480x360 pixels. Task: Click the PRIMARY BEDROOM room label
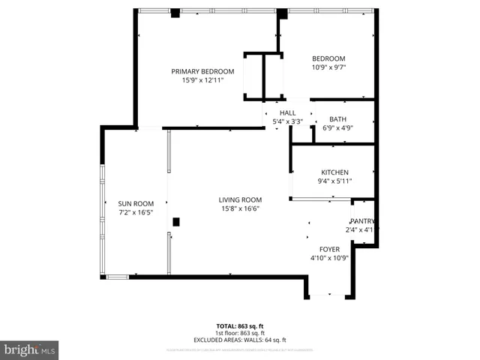tap(202, 71)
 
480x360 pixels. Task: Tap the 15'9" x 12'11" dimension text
tap(202, 81)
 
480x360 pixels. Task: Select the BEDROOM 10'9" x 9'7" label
tap(328, 64)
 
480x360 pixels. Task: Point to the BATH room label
tap(337, 118)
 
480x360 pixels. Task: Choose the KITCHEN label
tap(334, 172)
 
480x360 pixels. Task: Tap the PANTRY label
tap(361, 220)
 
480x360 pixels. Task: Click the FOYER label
tap(329, 249)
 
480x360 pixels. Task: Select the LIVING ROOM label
tap(240, 199)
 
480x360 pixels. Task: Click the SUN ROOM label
tap(136, 203)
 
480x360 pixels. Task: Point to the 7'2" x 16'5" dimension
tap(136, 213)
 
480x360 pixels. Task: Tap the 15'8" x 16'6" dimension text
tap(240, 209)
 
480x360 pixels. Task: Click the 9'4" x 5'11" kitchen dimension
tap(334, 181)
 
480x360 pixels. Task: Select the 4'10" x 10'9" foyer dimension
tap(329, 258)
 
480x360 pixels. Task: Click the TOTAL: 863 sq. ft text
tap(240, 325)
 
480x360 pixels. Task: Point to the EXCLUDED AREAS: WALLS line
tap(240, 340)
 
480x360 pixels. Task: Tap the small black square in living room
tap(175, 221)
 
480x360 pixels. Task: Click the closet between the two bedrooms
tap(263, 76)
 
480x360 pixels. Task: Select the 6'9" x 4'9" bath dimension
tap(337, 127)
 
